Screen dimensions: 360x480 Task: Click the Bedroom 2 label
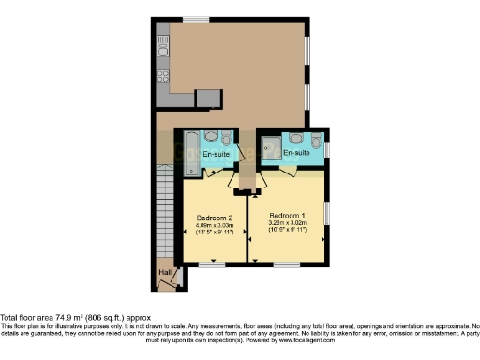coord(214,217)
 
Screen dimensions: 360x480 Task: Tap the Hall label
coord(165,273)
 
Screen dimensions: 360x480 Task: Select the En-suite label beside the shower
coord(297,152)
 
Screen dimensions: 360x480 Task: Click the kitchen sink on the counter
coord(162,43)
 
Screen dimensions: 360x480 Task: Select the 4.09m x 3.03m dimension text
coord(214,226)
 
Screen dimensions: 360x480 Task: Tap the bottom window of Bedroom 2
coord(212,264)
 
